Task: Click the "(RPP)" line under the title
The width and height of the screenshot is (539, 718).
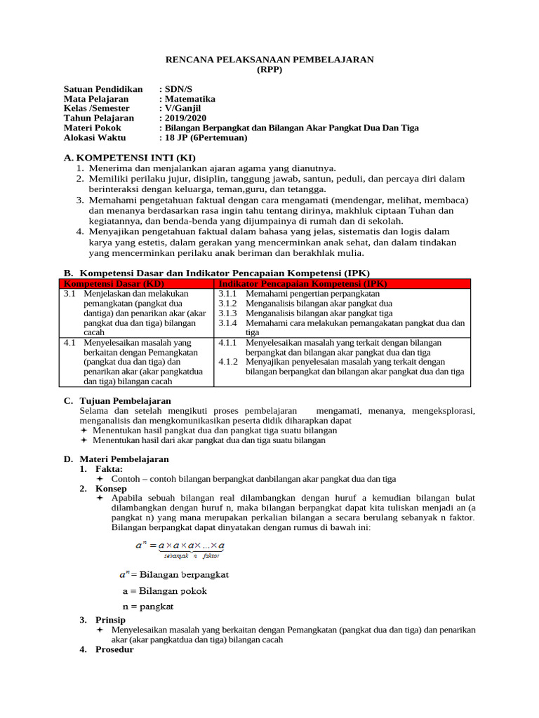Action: click(269, 71)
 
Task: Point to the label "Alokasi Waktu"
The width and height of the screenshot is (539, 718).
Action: click(93, 138)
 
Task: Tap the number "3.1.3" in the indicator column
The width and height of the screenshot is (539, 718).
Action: click(228, 313)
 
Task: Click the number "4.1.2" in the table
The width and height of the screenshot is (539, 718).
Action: click(228, 362)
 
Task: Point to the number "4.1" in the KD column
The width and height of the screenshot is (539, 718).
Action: click(69, 343)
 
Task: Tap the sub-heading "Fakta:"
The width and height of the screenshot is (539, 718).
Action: click(109, 468)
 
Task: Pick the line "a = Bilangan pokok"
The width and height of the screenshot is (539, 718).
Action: click(164, 590)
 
